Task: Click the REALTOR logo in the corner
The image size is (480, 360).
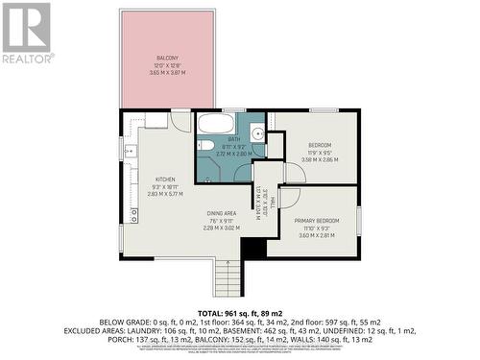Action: pos(26,33)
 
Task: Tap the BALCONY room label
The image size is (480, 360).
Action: pos(168,58)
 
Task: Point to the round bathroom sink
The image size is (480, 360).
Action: pos(257,134)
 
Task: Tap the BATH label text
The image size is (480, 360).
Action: pos(233,139)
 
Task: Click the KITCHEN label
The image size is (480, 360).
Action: pos(164,179)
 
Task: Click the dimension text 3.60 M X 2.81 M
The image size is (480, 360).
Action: pos(316,235)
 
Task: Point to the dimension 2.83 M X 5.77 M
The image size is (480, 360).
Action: pos(164,193)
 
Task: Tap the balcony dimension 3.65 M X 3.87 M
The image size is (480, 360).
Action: pos(168,72)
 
